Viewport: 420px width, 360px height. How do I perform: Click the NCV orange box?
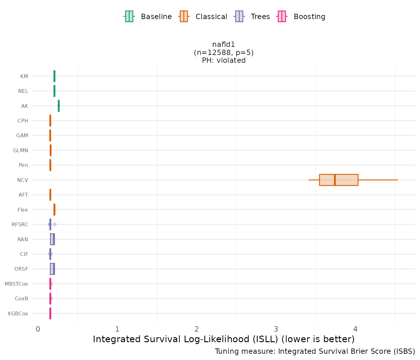(338, 180)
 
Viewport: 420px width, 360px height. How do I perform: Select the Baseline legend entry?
(148, 17)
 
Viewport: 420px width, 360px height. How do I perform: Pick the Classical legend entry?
(203, 17)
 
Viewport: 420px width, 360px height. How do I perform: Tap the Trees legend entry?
(252, 17)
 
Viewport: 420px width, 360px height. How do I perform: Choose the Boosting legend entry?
(301, 17)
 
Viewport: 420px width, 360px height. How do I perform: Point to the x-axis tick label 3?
(276, 329)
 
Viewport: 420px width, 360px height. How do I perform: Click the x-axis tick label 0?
(38, 329)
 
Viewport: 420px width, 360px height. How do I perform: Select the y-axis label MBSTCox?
(16, 284)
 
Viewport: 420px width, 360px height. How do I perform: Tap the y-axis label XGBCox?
(18, 313)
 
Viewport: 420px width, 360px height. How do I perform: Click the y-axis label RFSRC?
(20, 224)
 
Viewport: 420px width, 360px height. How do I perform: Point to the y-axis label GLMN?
(21, 150)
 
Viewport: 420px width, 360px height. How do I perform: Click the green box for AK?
(58, 106)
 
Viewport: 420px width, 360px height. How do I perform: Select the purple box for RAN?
(52, 239)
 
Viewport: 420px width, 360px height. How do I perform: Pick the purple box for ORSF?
(52, 269)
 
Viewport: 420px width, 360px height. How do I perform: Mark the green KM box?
(54, 76)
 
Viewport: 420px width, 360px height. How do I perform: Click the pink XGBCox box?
(50, 313)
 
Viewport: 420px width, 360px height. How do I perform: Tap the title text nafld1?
(223, 45)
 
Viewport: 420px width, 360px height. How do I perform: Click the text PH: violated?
(223, 60)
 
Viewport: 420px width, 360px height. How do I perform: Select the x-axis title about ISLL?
(223, 339)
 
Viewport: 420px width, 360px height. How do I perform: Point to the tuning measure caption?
(315, 352)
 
